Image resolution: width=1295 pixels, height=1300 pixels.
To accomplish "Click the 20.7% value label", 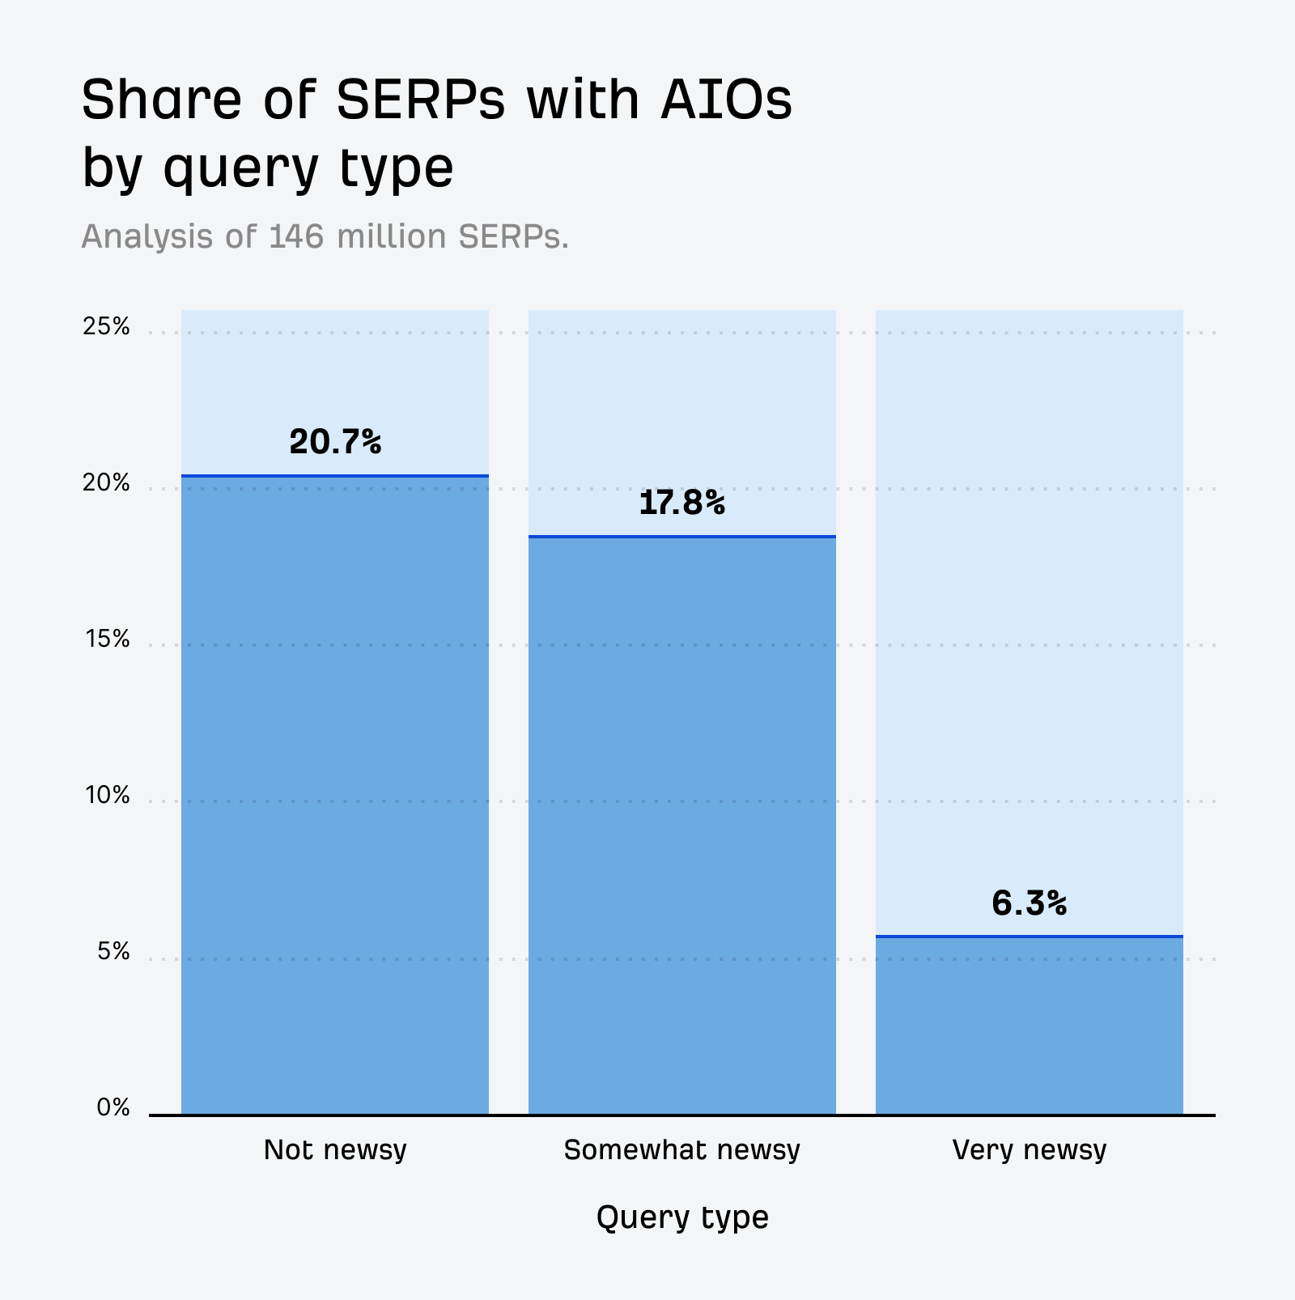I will [x=335, y=442].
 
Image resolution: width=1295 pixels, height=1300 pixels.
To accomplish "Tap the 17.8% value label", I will [x=681, y=503].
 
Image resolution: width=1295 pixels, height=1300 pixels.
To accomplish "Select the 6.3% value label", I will [x=1029, y=903].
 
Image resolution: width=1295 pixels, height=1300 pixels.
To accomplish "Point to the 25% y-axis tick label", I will [x=106, y=326].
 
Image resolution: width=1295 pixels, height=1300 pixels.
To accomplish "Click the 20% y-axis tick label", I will [x=106, y=483].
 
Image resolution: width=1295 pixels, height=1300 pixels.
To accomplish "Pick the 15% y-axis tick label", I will [x=107, y=639].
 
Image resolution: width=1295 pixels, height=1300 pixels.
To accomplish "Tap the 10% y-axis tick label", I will [x=107, y=796].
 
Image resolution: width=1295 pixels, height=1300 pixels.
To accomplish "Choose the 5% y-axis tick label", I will [x=113, y=951].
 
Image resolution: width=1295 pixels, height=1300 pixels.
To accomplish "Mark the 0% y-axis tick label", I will [x=113, y=1107].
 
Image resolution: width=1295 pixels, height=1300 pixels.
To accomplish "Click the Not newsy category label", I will [x=335, y=1149].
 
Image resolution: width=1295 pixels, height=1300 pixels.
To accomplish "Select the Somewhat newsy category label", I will [x=681, y=1149].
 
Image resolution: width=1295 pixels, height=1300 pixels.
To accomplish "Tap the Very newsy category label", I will [x=1029, y=1149].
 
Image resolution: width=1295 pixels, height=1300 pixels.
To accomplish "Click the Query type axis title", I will [x=681, y=1217].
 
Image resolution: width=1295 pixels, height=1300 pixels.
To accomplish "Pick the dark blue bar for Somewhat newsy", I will [x=681, y=826].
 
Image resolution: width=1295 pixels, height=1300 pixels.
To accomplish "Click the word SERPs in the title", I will [x=420, y=100].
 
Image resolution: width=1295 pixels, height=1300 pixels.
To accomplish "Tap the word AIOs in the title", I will [x=726, y=100].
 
